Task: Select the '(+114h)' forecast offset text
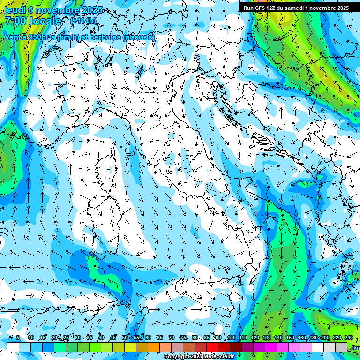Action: point(83,21)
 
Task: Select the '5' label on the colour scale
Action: point(18,338)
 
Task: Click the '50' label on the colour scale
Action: point(124,338)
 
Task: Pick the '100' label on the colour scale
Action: point(231,338)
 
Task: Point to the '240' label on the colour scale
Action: point(349,338)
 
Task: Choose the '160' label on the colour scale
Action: point(302,338)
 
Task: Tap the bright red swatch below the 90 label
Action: point(212,347)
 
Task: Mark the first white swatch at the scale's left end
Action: point(13,347)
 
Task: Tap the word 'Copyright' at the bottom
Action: point(177,357)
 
